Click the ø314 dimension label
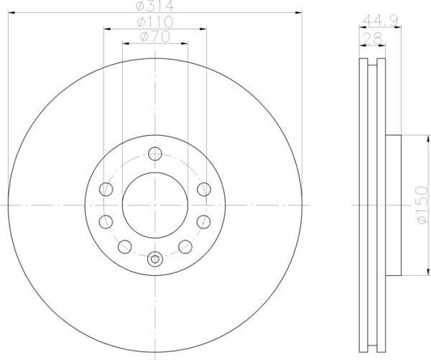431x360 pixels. (153, 7)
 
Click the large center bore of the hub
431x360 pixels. (153, 205)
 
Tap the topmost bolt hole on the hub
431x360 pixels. (153, 154)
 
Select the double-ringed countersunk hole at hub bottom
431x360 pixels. (153, 259)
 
